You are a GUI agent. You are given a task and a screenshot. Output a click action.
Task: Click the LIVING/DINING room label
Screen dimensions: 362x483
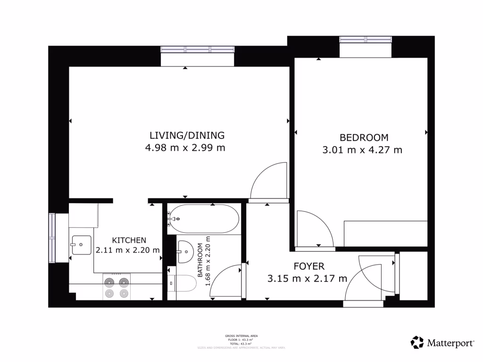coord(185,136)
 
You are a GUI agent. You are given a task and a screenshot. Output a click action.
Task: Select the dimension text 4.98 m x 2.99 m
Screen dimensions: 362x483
coord(185,148)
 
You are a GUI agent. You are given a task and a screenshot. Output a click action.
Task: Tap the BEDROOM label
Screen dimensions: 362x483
coord(364,138)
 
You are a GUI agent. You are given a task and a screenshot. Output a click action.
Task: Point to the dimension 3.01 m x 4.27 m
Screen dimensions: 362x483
coord(362,150)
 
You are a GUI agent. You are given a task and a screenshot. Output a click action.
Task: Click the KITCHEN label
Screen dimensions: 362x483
coord(125,240)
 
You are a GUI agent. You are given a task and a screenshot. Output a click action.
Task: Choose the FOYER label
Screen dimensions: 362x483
coord(308,266)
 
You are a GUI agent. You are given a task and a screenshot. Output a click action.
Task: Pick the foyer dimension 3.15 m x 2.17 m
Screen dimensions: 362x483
coord(307,279)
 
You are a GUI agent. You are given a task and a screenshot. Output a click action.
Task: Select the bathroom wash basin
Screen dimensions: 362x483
coord(185,251)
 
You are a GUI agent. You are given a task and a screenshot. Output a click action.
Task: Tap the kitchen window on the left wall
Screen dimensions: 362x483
coord(52,238)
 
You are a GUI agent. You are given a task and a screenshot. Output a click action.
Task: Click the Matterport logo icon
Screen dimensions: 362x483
coord(417,343)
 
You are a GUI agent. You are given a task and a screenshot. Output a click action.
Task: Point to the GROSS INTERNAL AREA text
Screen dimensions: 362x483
coord(241,336)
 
